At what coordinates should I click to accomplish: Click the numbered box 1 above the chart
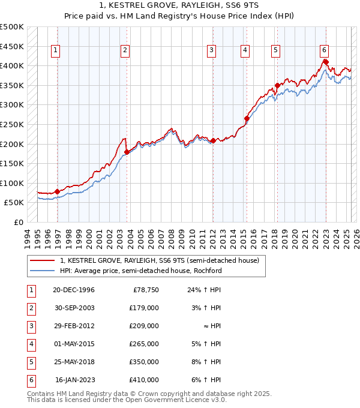(x=55, y=51)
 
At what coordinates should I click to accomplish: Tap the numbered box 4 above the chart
(x=245, y=51)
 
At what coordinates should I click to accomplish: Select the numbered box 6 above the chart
(x=323, y=50)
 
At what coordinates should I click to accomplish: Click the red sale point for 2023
(x=325, y=61)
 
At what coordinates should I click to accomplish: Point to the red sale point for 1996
(x=57, y=191)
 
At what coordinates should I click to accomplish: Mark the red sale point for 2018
(x=277, y=85)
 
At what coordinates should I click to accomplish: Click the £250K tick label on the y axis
(x=11, y=124)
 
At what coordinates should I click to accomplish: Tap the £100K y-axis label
(x=11, y=183)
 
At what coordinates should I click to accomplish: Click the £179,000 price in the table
(x=144, y=308)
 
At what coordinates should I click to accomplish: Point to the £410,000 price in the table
(x=144, y=380)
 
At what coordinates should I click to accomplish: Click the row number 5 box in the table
(x=31, y=362)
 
